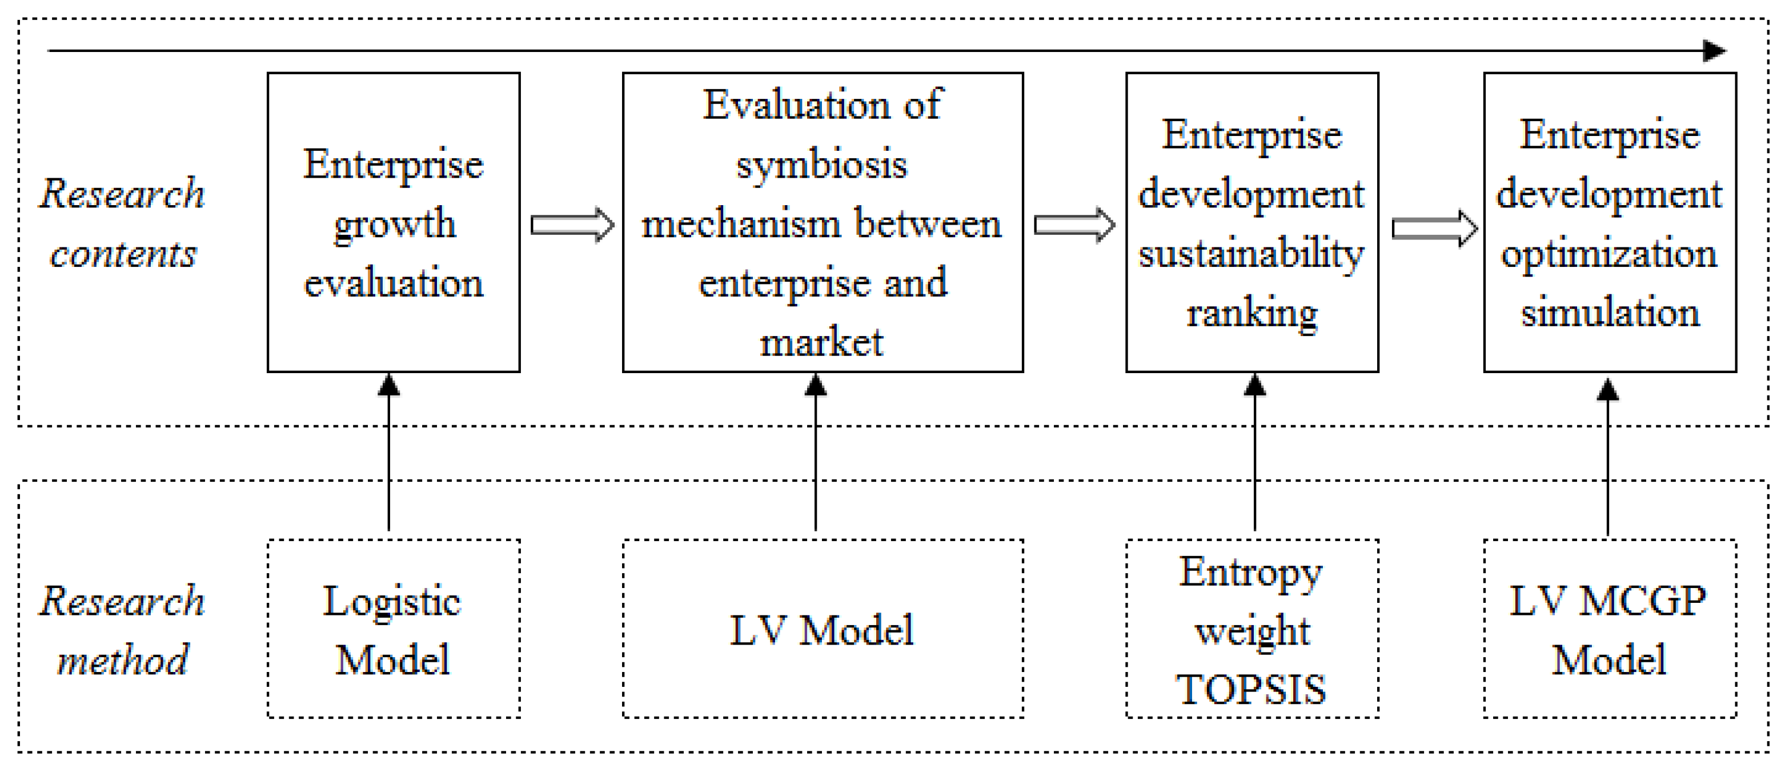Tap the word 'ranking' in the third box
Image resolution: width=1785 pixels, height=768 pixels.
1251,314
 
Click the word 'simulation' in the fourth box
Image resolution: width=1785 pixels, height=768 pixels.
1610,313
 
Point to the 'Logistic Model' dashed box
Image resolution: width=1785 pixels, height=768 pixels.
393,629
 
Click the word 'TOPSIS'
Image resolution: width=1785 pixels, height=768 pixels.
1251,690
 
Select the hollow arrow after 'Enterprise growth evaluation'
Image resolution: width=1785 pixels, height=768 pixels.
572,225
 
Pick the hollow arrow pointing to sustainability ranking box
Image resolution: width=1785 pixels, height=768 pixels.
1074,225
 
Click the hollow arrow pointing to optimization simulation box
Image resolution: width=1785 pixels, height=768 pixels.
1433,228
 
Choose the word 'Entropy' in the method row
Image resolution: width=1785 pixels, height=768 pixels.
1251,573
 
